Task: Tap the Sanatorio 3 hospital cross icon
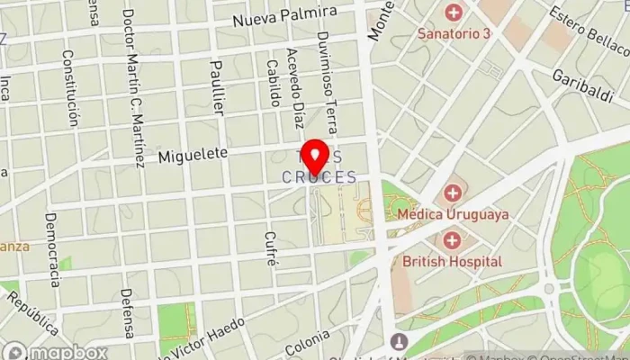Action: coord(453,13)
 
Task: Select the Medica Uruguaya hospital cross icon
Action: coord(452,193)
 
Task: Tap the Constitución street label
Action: coord(69,87)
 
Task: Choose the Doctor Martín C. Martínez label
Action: coord(134,88)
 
